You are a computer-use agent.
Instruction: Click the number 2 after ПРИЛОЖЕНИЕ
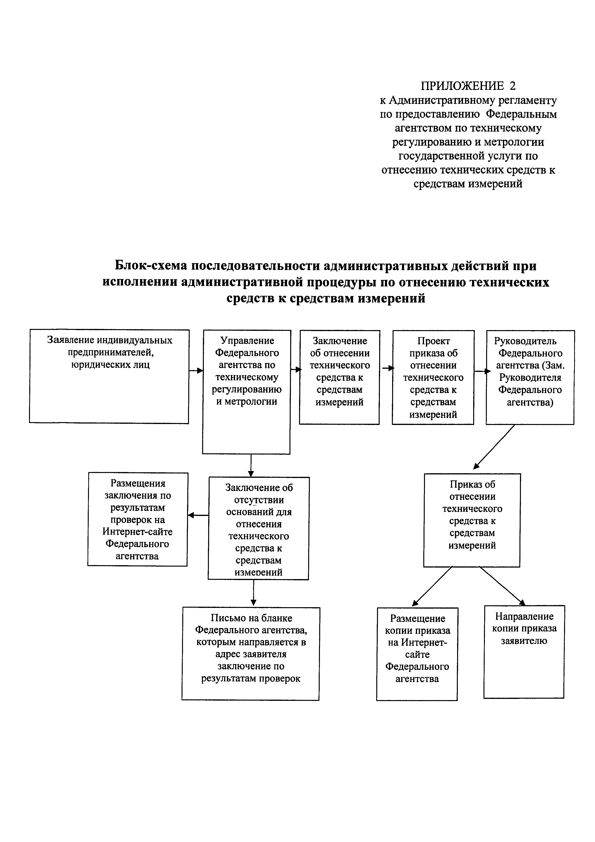point(512,86)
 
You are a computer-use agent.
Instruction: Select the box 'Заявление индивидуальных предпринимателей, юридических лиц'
point(109,377)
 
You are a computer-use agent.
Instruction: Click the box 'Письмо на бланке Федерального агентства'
point(251,654)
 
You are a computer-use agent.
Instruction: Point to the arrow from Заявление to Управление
point(196,370)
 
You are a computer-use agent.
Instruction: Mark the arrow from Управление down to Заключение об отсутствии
point(251,465)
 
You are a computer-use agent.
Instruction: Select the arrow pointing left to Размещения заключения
point(198,515)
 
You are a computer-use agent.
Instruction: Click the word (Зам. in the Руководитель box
point(554,365)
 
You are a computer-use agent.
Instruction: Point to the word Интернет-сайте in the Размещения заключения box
point(137,531)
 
